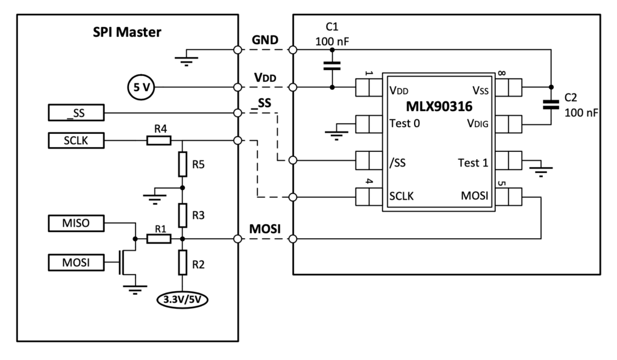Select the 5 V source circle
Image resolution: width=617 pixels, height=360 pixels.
click(141, 88)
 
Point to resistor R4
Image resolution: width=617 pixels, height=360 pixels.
click(158, 141)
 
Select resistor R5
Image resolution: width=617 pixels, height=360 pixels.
click(182, 163)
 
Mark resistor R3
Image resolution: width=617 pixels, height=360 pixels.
click(182, 213)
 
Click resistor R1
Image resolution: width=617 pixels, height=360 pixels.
click(158, 239)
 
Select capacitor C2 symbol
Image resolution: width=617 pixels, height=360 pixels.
click(550, 105)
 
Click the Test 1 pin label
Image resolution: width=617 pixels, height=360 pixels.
click(473, 161)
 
